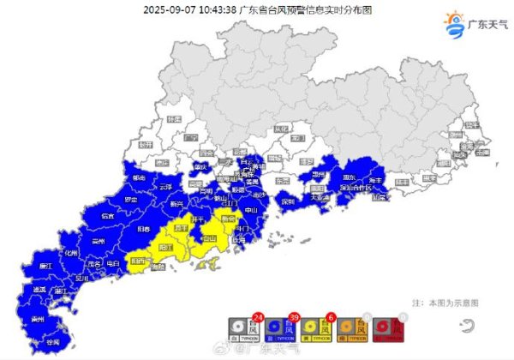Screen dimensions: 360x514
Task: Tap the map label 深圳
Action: point(287,202)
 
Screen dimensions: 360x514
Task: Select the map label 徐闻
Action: point(53,341)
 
